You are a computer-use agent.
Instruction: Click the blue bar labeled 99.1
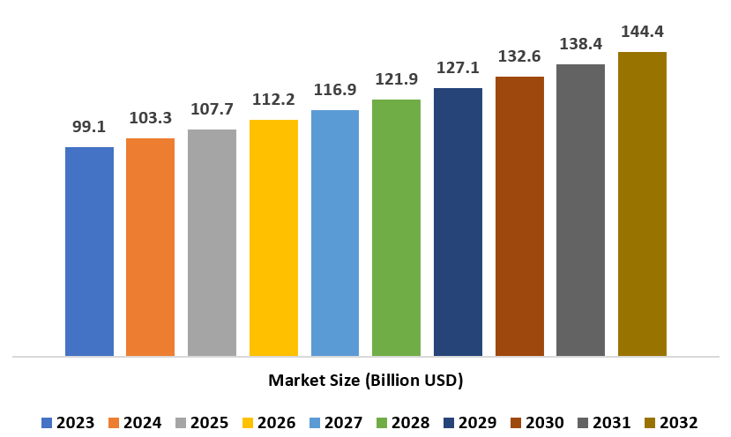[89, 251]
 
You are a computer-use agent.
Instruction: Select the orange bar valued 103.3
[150, 247]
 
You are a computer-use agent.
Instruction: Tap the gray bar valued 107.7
[212, 242]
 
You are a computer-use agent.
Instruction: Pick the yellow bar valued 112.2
[273, 238]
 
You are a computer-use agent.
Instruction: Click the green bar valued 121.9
[396, 227]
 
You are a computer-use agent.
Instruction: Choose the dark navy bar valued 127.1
[458, 222]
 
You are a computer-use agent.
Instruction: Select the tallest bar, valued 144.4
[642, 204]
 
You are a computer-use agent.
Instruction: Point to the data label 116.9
[335, 91]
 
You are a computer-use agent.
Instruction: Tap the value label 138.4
[580, 43]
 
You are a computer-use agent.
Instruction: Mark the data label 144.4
[642, 32]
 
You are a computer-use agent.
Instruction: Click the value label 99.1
[89, 128]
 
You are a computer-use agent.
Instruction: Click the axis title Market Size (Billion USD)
[365, 381]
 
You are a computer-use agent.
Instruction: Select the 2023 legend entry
[69, 423]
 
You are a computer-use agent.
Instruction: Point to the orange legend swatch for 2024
[114, 423]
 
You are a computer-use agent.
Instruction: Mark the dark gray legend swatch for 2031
[583, 423]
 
